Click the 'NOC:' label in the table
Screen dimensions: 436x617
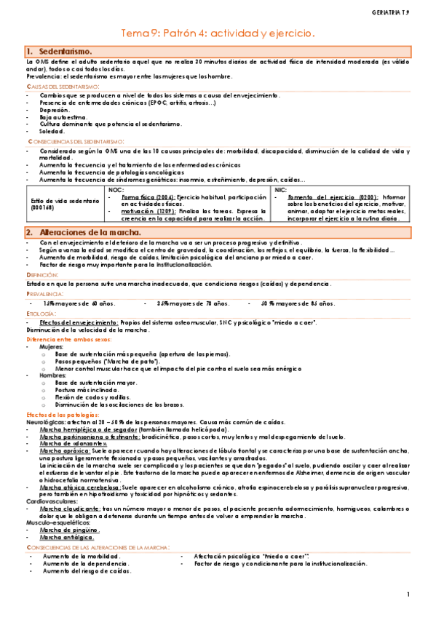(115, 189)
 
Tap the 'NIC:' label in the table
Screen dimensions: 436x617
(281, 189)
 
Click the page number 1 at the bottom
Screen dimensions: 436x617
(409, 595)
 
